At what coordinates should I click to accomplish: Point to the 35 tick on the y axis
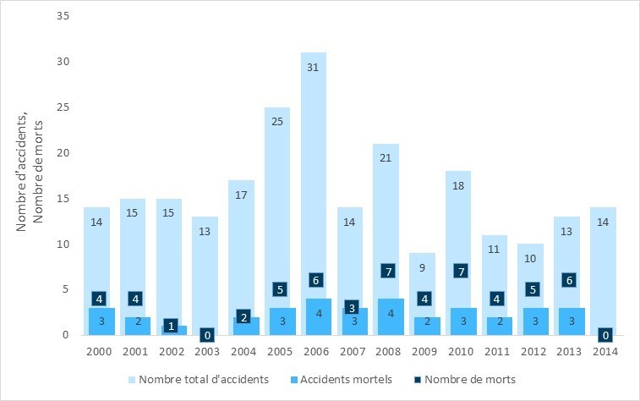pos(63,16)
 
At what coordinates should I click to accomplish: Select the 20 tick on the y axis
pos(63,153)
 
